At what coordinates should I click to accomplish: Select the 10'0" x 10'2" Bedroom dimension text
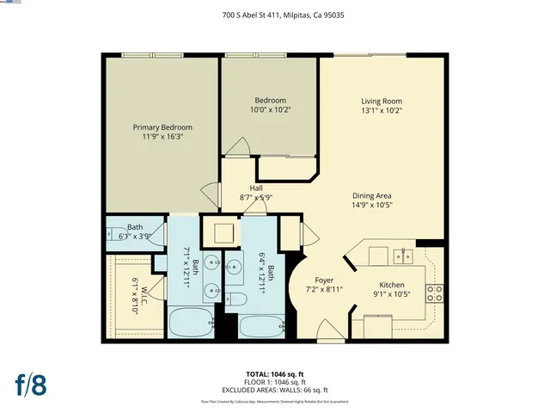click(x=269, y=110)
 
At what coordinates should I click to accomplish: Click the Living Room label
click(x=382, y=101)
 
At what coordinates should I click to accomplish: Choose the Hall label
click(x=256, y=188)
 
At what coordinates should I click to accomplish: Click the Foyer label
click(x=324, y=280)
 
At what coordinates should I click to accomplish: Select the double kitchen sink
click(x=401, y=256)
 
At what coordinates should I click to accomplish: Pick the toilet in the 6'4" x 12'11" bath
click(x=240, y=300)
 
